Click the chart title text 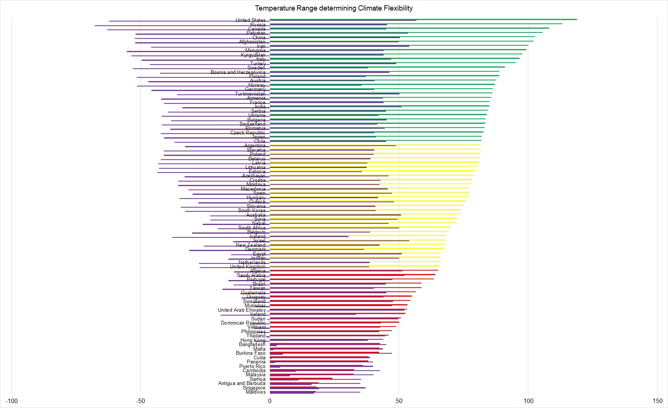[x=334, y=8]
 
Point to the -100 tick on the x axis [x=12, y=401]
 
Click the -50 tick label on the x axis [x=140, y=401]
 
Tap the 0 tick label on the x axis [x=270, y=401]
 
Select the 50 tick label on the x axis [x=399, y=401]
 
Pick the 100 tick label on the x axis [x=528, y=401]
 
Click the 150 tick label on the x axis [x=657, y=401]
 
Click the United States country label [x=250, y=20]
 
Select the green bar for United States [x=491, y=19]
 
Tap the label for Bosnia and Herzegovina [x=238, y=72]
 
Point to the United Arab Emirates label [x=242, y=310]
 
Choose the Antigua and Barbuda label [x=242, y=383]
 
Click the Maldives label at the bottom [x=256, y=392]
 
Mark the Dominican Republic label [x=243, y=323]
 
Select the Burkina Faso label [x=251, y=353]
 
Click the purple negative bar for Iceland [x=219, y=237]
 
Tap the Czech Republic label [x=248, y=132]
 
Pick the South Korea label [x=251, y=210]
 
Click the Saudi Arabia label [x=251, y=275]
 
